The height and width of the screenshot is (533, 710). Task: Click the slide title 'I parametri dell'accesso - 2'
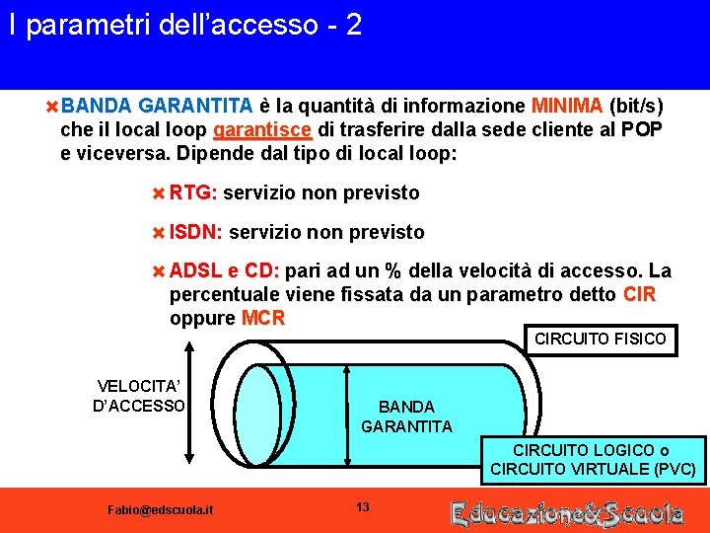tap(185, 26)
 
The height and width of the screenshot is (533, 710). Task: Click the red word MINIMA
tap(567, 106)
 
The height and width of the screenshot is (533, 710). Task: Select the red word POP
tap(642, 130)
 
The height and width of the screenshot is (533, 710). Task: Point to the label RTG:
tap(193, 192)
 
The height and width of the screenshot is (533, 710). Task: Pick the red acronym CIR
tap(640, 295)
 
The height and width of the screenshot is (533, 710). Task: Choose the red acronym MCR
tap(263, 318)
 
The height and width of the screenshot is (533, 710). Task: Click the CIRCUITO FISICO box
tap(600, 339)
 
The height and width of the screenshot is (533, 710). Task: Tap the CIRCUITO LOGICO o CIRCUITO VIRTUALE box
tap(593, 460)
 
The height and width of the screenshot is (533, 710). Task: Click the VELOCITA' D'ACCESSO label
tap(139, 396)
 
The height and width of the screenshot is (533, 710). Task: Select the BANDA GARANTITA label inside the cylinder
tap(406, 417)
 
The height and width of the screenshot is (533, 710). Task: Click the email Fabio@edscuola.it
tap(159, 509)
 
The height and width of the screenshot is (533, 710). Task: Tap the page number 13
tap(362, 507)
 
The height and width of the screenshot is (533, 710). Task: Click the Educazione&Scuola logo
tap(567, 512)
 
